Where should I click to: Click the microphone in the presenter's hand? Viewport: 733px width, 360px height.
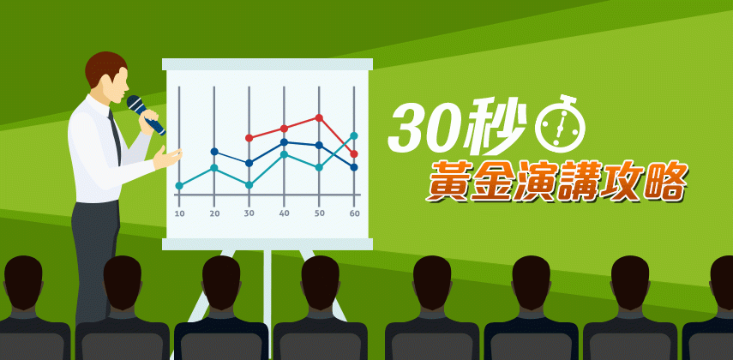click(146, 115)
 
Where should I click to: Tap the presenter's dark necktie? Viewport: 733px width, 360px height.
click(115, 136)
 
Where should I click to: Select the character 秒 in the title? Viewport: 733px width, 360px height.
click(495, 127)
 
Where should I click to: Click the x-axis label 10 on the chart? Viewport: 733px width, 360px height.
click(179, 213)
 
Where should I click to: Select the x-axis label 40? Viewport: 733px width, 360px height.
click(284, 213)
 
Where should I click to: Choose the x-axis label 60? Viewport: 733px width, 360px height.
click(354, 213)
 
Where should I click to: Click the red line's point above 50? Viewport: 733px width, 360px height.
click(319, 117)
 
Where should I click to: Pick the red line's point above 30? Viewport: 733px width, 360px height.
click(249, 138)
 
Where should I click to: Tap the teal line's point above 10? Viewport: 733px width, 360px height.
click(179, 186)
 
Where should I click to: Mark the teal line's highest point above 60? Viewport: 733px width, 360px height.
click(354, 135)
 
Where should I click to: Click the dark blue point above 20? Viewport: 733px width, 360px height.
click(214, 152)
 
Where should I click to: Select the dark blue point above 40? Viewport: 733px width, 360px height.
click(284, 142)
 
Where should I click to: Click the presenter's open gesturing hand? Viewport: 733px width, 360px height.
click(166, 158)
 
